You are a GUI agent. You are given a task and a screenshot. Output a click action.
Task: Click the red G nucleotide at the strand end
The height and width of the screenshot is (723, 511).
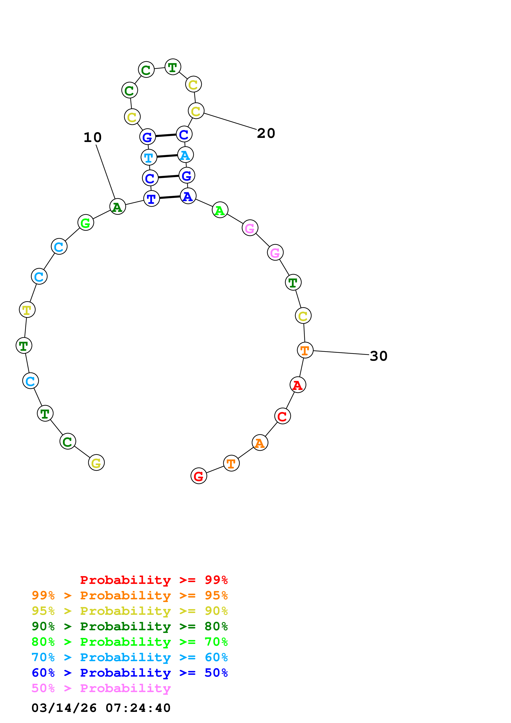click(199, 476)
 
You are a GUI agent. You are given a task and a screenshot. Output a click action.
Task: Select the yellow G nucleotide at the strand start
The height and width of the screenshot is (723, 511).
click(96, 462)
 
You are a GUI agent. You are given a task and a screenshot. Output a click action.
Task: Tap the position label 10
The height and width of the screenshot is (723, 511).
click(93, 137)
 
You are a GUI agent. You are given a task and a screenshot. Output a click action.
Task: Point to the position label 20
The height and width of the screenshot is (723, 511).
click(266, 133)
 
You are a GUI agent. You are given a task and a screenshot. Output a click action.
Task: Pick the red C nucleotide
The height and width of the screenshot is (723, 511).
click(282, 416)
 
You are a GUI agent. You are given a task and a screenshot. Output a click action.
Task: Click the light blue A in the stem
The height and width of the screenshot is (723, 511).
click(186, 155)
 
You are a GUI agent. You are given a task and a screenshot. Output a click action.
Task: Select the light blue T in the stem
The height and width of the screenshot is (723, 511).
click(149, 157)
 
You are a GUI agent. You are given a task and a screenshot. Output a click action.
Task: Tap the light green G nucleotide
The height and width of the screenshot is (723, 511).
click(86, 223)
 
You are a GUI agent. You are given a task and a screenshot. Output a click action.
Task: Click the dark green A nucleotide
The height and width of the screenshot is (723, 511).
click(118, 207)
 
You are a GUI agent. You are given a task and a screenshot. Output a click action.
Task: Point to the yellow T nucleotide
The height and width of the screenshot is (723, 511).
click(27, 310)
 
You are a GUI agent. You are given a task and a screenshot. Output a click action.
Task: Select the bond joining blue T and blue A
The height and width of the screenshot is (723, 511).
click(170, 197)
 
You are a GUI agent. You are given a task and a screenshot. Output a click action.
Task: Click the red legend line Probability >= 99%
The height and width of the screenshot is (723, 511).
click(154, 580)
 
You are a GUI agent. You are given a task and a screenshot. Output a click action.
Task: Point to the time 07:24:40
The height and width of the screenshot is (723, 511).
click(138, 708)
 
